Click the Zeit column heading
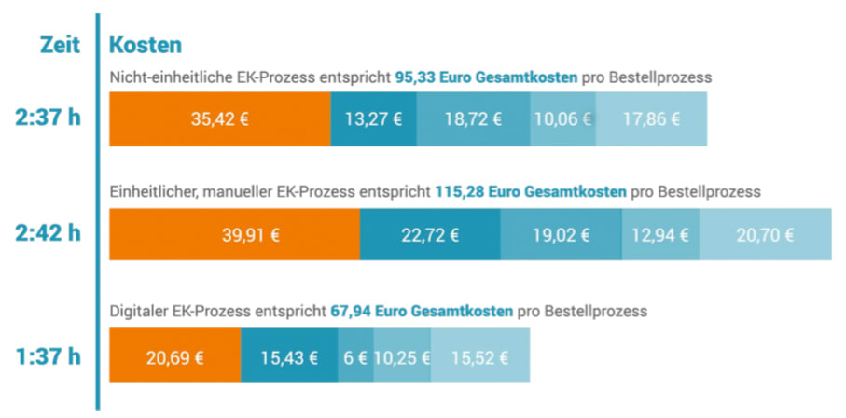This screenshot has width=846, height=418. (x=60, y=44)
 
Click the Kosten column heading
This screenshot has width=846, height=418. (x=145, y=44)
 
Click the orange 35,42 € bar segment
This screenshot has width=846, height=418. (x=220, y=119)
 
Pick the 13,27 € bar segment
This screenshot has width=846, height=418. (x=373, y=119)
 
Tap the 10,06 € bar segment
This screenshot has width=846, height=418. (x=562, y=119)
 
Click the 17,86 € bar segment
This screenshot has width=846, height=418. (x=650, y=119)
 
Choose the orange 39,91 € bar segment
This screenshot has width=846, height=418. (x=235, y=235)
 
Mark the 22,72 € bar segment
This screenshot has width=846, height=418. (x=430, y=235)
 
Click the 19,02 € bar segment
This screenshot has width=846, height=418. (x=561, y=235)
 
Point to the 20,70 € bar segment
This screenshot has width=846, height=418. (x=765, y=235)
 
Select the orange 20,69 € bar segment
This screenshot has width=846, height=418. (x=175, y=357)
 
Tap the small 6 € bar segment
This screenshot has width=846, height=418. (x=355, y=357)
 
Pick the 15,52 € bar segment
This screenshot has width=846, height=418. (x=481, y=357)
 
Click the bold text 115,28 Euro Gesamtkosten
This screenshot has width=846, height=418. (x=530, y=192)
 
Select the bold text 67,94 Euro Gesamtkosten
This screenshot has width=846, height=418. (x=422, y=311)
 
